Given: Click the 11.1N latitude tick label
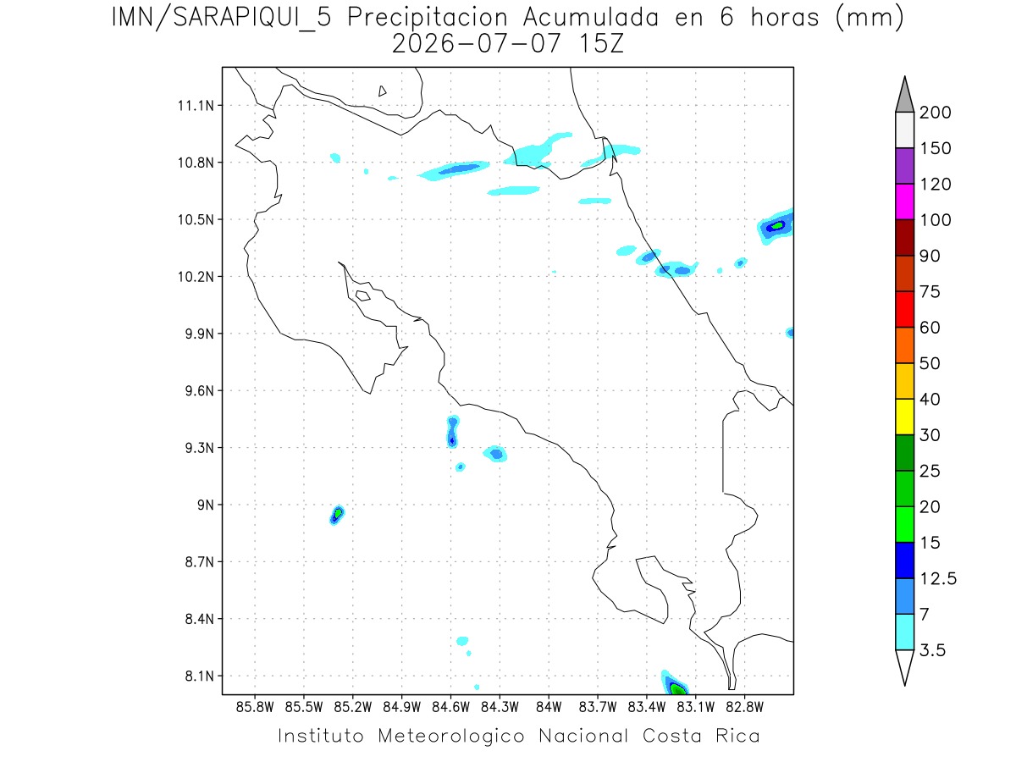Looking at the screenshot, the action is (196, 106).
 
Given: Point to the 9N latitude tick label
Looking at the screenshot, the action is (206, 505).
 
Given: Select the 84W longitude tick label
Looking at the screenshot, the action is (549, 707).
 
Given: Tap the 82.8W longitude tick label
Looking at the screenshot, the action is (744, 707).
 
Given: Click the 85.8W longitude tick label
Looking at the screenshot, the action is (255, 707).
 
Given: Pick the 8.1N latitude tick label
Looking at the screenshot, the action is (200, 676).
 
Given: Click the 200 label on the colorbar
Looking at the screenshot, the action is (935, 113).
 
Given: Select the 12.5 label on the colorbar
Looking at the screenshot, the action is (938, 578).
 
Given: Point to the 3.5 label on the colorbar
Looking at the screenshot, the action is (932, 650).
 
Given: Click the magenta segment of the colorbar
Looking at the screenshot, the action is (904, 202).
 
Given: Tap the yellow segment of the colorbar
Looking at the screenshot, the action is (904, 417).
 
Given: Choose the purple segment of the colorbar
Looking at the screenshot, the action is (904, 166).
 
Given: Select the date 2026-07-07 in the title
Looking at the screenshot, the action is (476, 44).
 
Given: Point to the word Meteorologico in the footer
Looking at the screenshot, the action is (450, 736).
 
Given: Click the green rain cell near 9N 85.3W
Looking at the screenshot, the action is (337, 515).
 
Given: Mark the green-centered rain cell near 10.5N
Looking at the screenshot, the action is (776, 226).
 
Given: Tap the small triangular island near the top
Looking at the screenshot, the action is (381, 91).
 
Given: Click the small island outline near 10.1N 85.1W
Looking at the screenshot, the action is (363, 295).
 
